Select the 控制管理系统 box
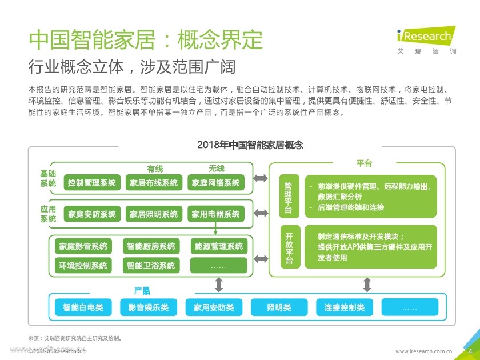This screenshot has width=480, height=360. [x=91, y=183]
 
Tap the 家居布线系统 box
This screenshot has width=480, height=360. [x=154, y=183]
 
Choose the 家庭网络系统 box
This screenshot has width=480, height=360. [x=215, y=183]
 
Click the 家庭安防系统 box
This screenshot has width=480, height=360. [x=91, y=214]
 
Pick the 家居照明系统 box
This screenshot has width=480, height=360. [x=154, y=214]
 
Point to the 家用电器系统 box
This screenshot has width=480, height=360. [x=215, y=214]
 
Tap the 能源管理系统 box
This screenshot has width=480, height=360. [x=218, y=246]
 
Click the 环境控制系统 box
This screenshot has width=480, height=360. [x=83, y=266]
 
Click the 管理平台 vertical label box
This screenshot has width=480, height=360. [x=289, y=198]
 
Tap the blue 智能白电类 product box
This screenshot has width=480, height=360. [x=83, y=307]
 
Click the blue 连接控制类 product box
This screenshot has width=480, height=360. [x=344, y=307]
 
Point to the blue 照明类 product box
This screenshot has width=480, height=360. [x=279, y=307]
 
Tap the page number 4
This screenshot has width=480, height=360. [x=470, y=350]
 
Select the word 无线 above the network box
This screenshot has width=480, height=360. [x=217, y=169]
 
